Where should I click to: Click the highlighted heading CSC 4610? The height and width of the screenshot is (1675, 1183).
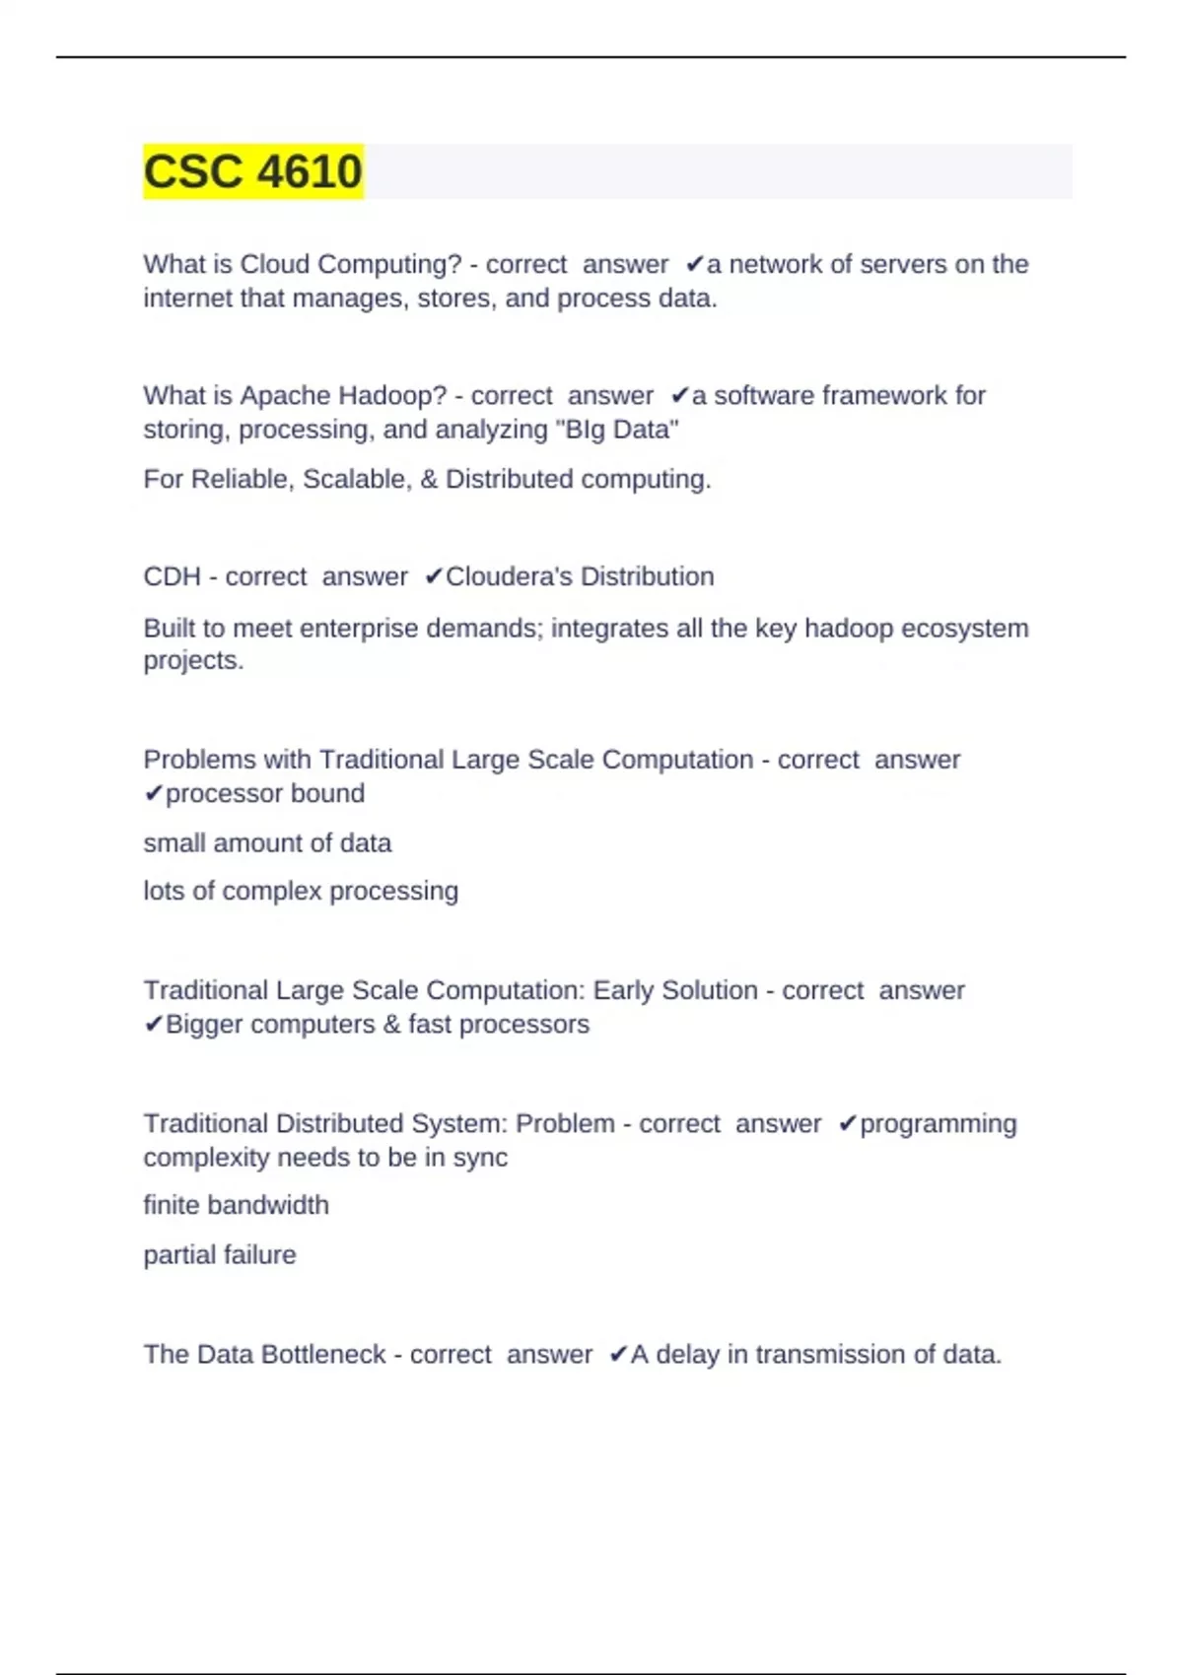pos(252,171)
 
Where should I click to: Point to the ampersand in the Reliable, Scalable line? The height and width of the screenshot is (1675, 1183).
pos(429,480)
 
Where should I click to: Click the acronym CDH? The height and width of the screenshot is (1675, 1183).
pos(172,576)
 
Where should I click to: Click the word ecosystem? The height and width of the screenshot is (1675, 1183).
pos(965,629)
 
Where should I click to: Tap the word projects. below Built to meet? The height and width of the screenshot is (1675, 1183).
pos(193,660)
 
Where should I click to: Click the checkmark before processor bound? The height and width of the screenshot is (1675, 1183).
pos(153,794)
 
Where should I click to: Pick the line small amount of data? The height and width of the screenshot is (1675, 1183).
pos(267,843)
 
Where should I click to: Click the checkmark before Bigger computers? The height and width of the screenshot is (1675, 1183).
pos(153,1025)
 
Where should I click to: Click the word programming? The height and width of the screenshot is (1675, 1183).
pos(938,1124)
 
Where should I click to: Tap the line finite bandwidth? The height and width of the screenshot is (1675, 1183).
pos(236,1206)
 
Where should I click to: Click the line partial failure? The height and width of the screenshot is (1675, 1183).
pos(219,1255)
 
